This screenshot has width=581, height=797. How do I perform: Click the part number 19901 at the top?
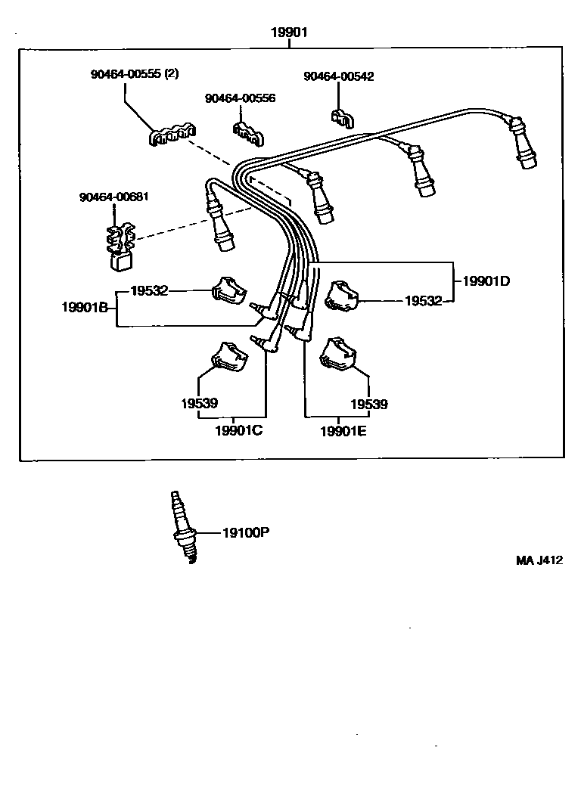click(289, 33)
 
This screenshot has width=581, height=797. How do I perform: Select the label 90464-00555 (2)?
click(135, 73)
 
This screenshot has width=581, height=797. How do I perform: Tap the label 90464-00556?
click(240, 98)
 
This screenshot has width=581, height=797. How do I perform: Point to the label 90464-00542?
click(338, 76)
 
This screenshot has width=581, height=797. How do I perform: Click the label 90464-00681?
click(114, 197)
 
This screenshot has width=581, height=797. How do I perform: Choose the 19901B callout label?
click(85, 307)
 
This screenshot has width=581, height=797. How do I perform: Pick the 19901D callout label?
click(486, 281)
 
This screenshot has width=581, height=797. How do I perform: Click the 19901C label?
click(239, 430)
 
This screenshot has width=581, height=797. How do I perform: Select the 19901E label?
click(343, 432)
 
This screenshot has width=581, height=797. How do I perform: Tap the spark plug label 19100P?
click(246, 532)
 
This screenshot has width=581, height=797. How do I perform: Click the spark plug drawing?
click(184, 527)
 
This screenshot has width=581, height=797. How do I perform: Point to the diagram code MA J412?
click(539, 560)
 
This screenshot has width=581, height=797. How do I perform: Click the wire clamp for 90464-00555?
click(172, 134)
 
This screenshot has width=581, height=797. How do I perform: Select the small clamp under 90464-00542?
click(343, 118)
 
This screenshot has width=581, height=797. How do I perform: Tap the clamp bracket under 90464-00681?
click(120, 246)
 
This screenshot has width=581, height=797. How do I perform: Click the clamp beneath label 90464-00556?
click(248, 132)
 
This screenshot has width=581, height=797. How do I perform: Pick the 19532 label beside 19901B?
click(149, 290)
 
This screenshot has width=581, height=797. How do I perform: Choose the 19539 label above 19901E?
click(369, 404)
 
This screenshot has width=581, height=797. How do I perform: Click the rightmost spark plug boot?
click(524, 144)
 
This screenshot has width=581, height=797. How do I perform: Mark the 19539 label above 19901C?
click(199, 403)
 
